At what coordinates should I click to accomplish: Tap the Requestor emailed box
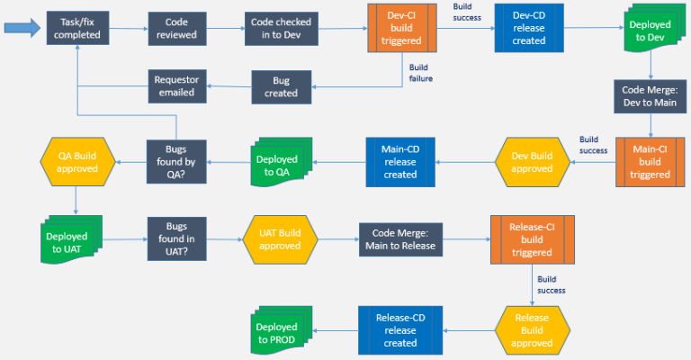click(177, 87)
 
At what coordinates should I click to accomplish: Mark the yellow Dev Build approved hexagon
click(533, 161)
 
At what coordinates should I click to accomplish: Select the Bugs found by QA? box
click(177, 161)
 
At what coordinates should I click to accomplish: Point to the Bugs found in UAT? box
click(177, 239)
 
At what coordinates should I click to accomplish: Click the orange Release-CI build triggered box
click(531, 239)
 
